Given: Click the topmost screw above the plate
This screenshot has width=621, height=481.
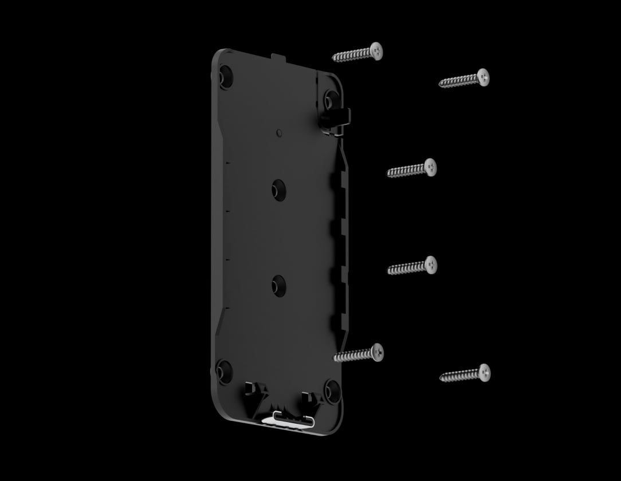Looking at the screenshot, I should pyautogui.click(x=357, y=53).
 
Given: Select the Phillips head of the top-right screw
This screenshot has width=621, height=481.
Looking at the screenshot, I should pyautogui.click(x=483, y=77).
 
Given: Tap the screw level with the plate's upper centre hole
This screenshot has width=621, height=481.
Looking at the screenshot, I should pyautogui.click(x=412, y=169).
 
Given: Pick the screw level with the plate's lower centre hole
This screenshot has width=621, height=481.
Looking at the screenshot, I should pyautogui.click(x=412, y=266).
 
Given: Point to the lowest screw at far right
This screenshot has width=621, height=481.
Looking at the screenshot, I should pyautogui.click(x=465, y=374).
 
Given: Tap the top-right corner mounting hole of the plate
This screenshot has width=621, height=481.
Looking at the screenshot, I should pyautogui.click(x=331, y=98).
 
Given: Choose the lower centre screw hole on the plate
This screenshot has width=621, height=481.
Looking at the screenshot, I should pyautogui.click(x=279, y=285).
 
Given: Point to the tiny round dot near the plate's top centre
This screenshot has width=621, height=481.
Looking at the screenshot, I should pyautogui.click(x=279, y=133).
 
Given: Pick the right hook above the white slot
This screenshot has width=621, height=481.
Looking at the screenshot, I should pyautogui.click(x=309, y=397).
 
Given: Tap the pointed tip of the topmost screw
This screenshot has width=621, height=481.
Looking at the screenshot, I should pyautogui.click(x=334, y=58).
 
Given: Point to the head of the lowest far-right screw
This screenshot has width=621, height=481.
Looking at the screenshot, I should pyautogui.click(x=484, y=372).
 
